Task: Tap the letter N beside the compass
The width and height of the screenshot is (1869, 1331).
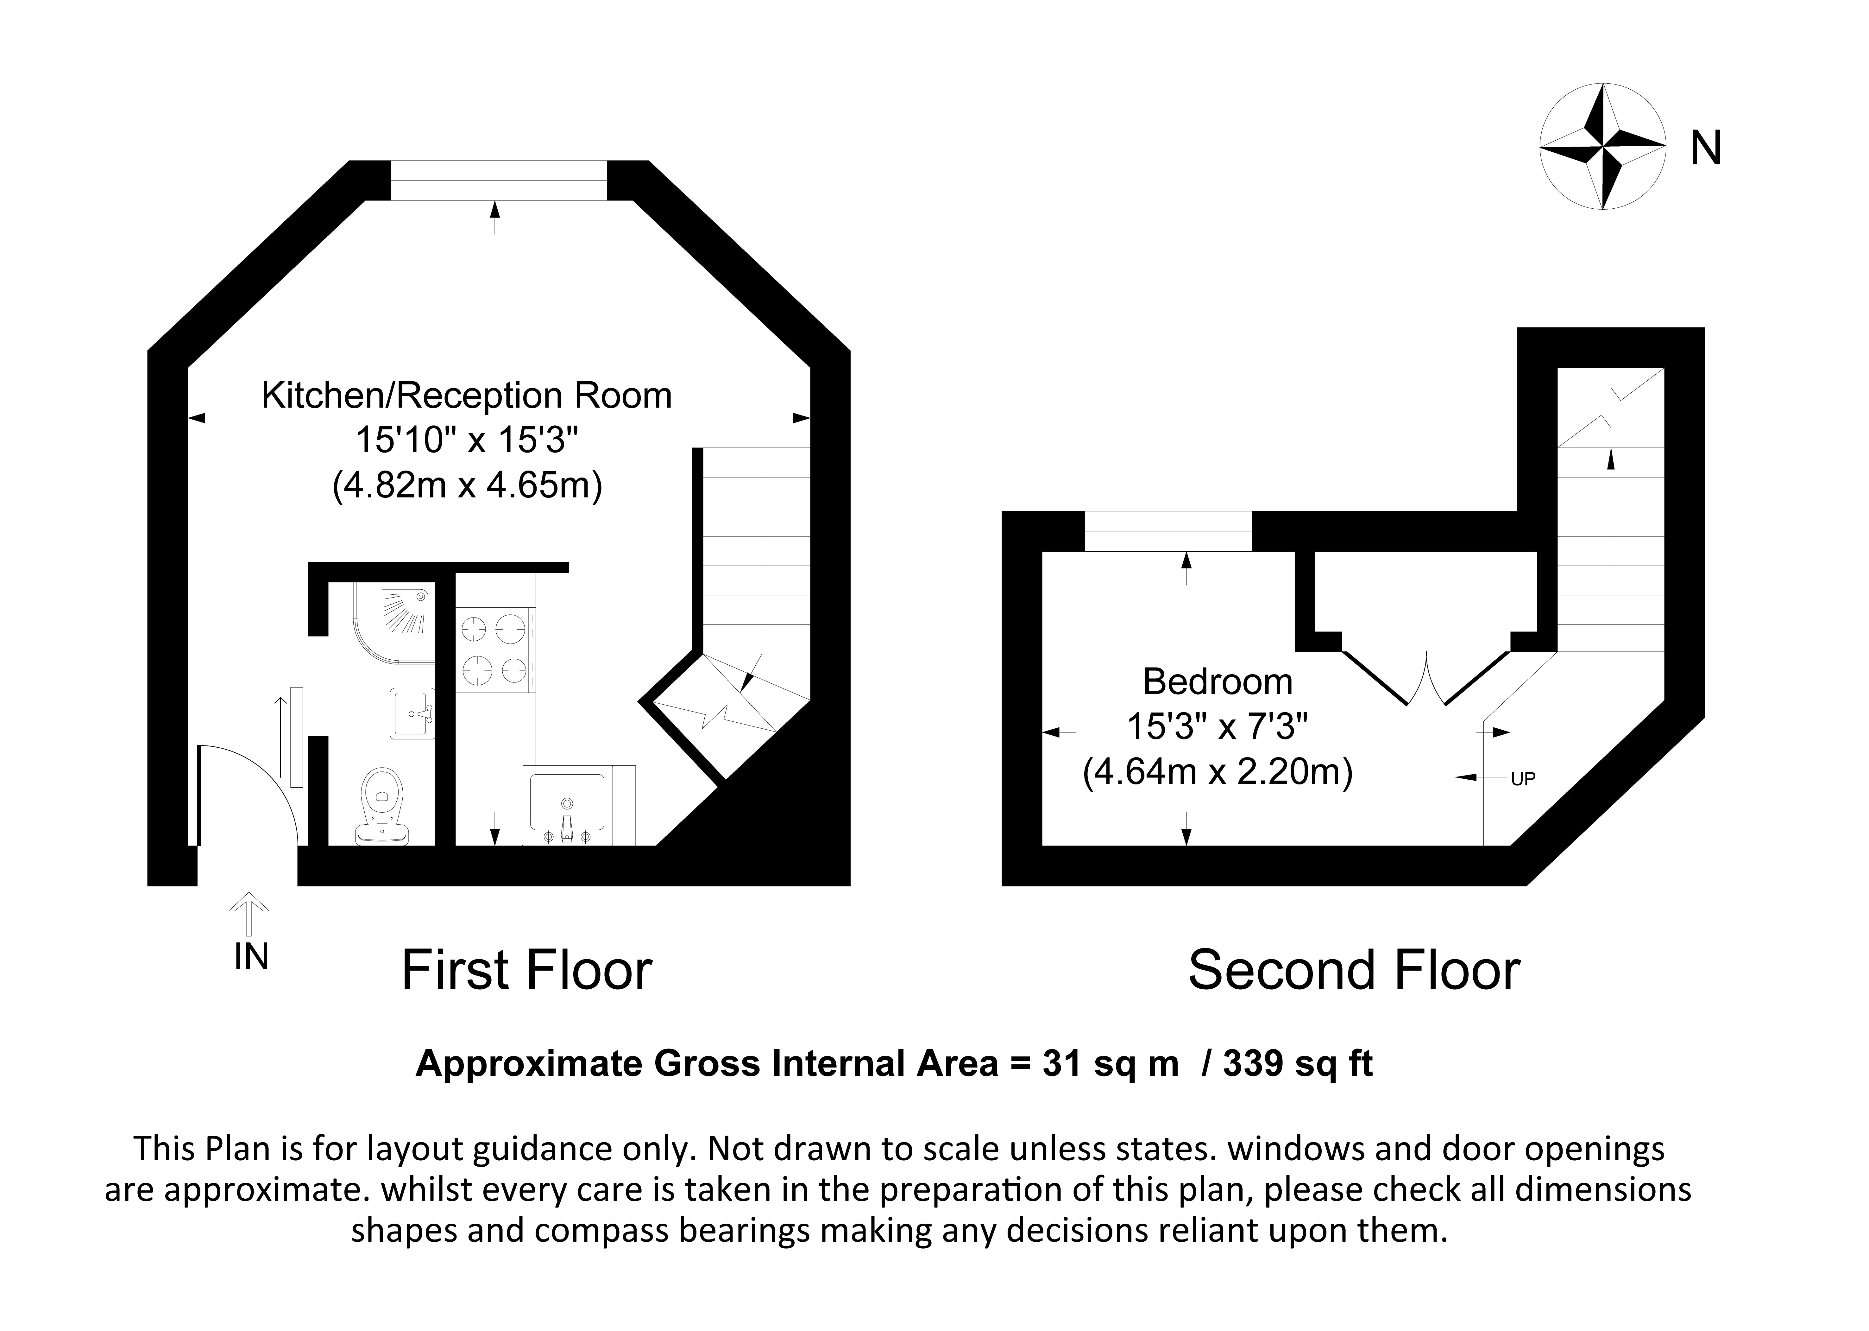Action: pyautogui.click(x=1706, y=149)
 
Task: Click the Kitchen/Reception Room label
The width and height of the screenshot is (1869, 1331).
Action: pyautogui.click(x=466, y=396)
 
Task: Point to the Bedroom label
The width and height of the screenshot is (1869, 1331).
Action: pyautogui.click(x=1218, y=682)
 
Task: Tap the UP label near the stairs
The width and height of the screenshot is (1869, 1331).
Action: pyautogui.click(x=1522, y=779)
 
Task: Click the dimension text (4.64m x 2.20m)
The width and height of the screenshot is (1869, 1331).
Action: pyautogui.click(x=1218, y=772)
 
